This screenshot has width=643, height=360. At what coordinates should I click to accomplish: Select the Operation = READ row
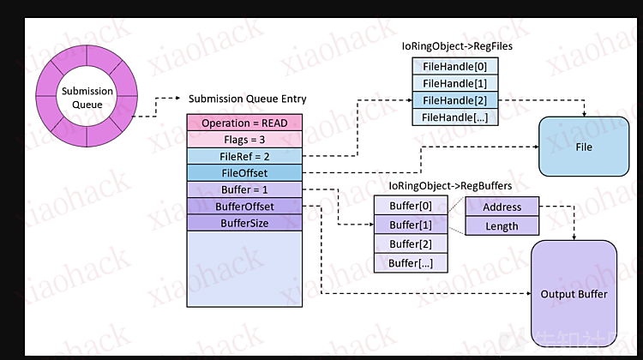pos(244,123)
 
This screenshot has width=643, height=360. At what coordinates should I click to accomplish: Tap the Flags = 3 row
pos(244,139)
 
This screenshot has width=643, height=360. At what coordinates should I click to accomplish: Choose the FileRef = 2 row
pos(244,156)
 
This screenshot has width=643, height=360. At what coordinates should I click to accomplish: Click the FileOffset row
pos(244,173)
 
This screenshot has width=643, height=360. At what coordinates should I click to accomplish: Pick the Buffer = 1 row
pos(244,189)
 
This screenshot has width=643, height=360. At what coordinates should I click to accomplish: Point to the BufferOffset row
pos(244,207)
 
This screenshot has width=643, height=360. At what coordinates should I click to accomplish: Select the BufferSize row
pos(244,223)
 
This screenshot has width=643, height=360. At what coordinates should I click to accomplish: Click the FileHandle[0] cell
pos(455,66)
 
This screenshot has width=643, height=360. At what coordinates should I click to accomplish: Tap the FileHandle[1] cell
pos(455,83)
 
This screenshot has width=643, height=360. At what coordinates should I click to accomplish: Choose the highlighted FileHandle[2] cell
pos(455,99)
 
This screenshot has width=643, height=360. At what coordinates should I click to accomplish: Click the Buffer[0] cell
pos(410,206)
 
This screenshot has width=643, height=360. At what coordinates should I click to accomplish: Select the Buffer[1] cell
pos(410,225)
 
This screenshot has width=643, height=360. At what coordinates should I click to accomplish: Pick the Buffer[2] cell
pos(410,244)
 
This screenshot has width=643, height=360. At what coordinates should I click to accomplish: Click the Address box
pos(502,207)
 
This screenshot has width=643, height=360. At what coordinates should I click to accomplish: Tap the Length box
pos(502,226)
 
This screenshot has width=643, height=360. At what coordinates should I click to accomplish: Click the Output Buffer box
pos(574,294)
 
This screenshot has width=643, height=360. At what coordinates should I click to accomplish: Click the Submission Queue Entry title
pos(248,99)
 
